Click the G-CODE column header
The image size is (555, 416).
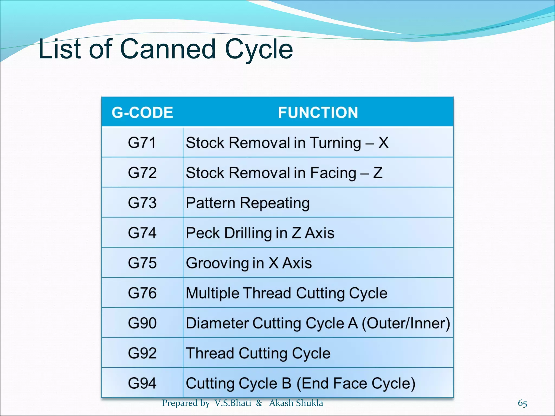[x=142, y=112]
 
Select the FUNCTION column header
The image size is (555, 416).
[x=318, y=112]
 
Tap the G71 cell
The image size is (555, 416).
[x=142, y=143]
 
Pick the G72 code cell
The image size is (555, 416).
[x=142, y=173]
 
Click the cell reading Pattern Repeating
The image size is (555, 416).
[x=247, y=203]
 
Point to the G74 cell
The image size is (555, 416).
[x=142, y=233]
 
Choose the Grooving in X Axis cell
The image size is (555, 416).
[x=249, y=263]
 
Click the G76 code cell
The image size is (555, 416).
[x=142, y=293]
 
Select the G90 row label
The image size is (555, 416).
[x=142, y=323]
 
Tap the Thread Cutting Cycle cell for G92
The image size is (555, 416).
[x=258, y=353]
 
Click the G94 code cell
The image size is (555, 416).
[x=142, y=383]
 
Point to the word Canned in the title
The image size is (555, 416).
[x=168, y=49]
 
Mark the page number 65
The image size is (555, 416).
[x=522, y=403]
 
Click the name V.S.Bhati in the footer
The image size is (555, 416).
[x=233, y=403]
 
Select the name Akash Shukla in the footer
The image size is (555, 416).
[x=296, y=403]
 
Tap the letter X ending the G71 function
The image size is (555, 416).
[x=383, y=143]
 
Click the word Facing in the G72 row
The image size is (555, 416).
[x=333, y=173]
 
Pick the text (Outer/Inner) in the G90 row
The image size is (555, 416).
[x=406, y=323]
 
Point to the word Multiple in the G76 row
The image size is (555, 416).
[x=212, y=293]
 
